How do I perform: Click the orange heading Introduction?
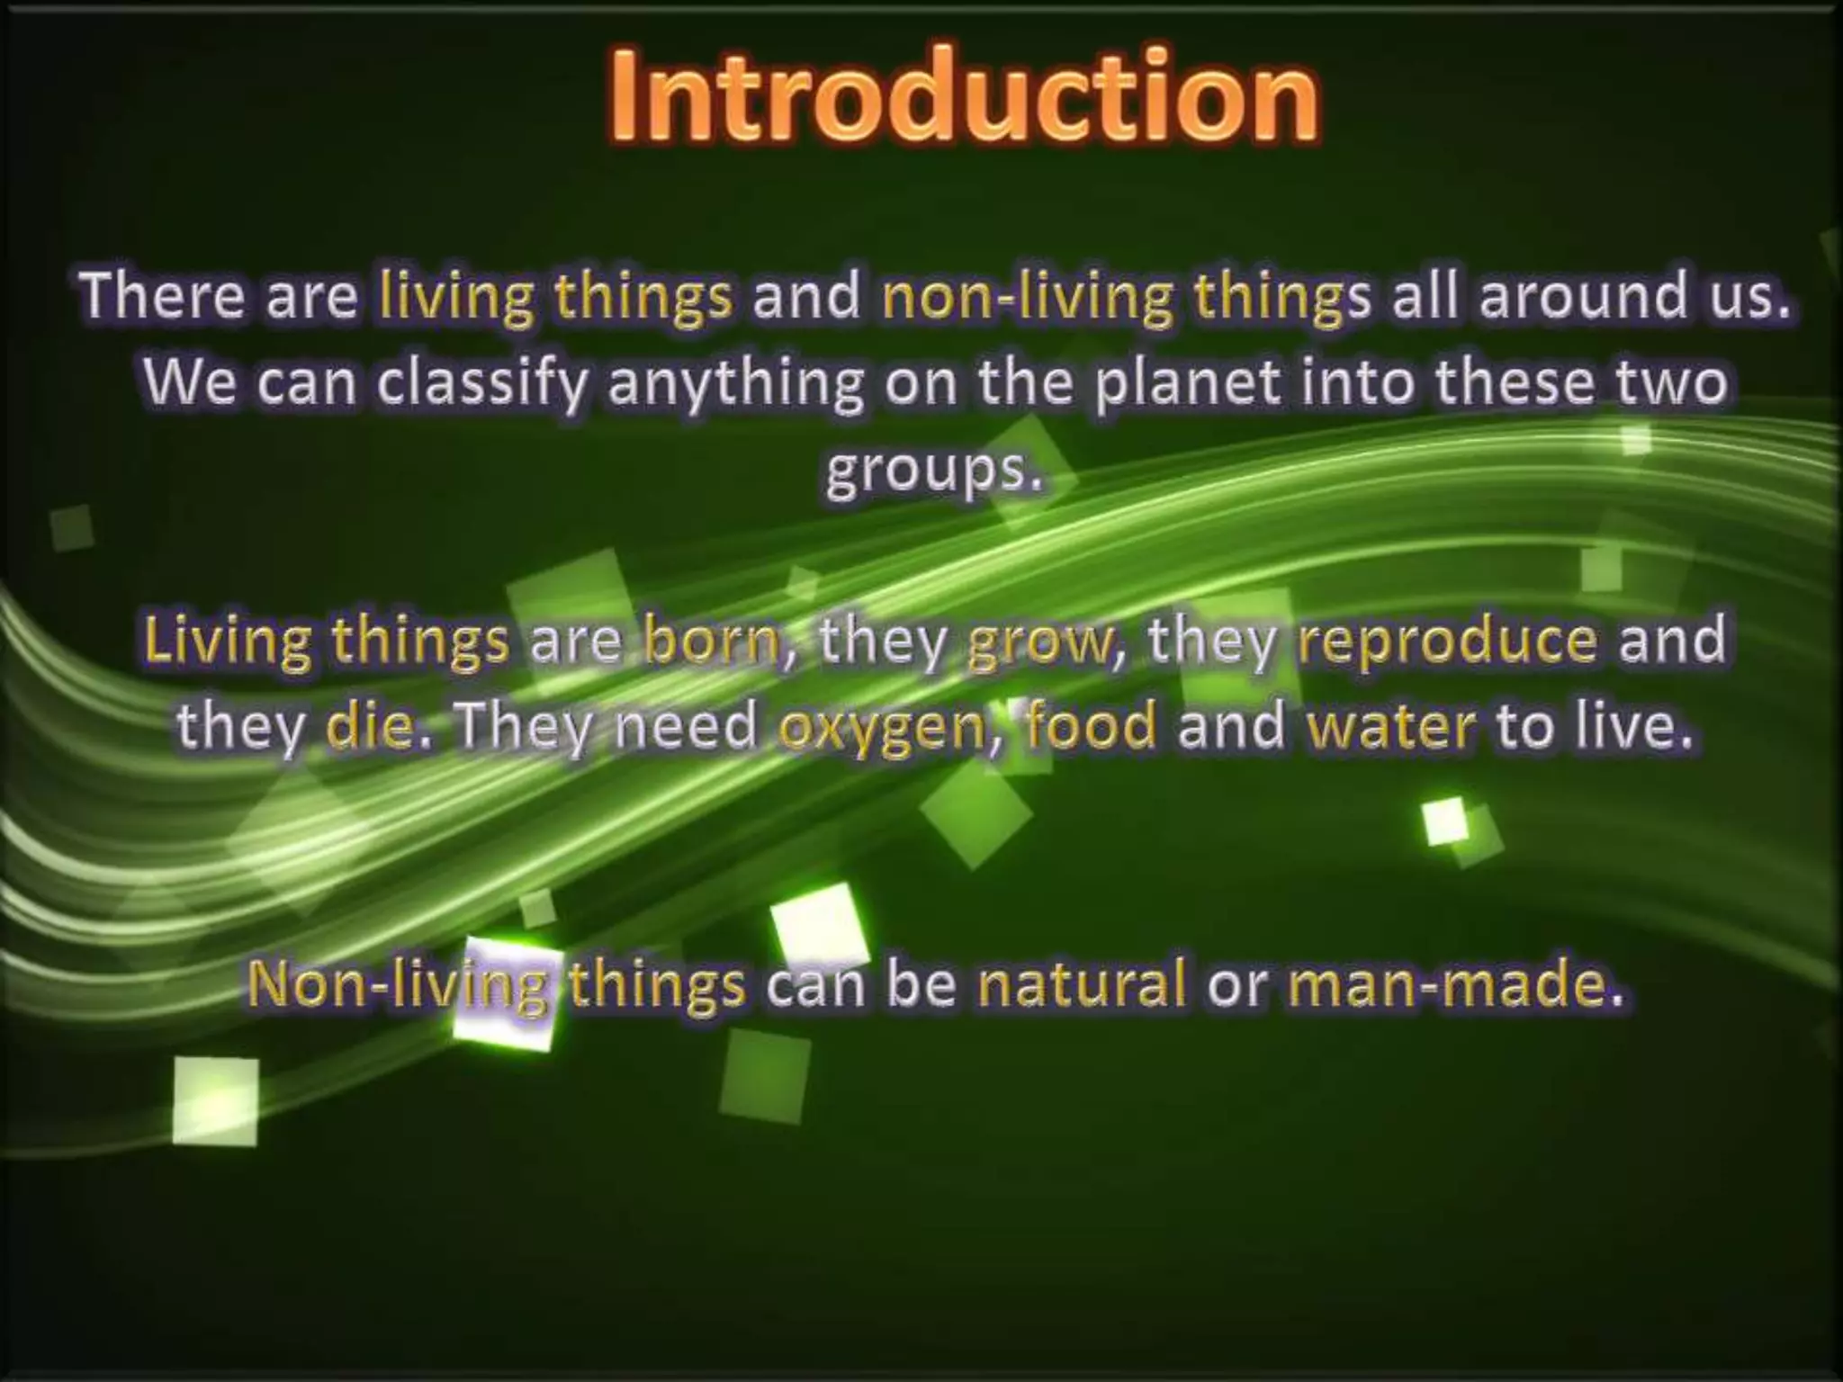[x=964, y=97]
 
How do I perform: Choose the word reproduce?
[x=1448, y=641]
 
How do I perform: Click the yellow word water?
[x=1390, y=727]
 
